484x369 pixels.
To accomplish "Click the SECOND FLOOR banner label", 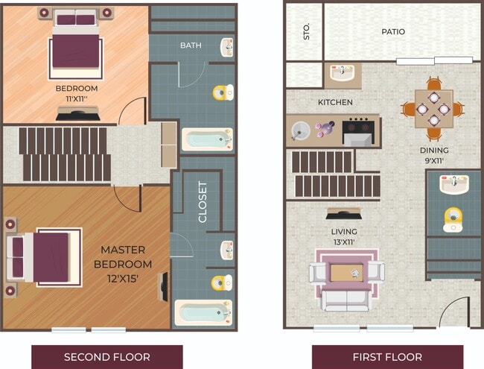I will tap(106, 356).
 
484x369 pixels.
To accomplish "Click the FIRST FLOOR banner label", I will tap(387, 356).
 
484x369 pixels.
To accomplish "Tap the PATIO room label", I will tap(393, 32).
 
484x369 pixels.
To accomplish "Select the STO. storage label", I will tap(305, 33).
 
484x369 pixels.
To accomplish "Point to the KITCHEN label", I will tap(335, 102).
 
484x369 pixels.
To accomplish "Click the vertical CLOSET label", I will tap(203, 201).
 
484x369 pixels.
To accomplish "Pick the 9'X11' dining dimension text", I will tap(434, 160).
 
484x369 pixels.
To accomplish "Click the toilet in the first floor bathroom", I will tap(453, 218).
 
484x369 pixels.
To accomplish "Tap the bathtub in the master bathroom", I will tap(203, 312).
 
